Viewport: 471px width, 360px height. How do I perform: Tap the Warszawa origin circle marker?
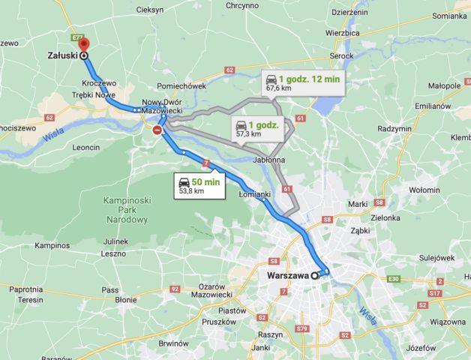click(315, 276)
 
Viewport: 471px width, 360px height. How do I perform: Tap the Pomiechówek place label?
click(180, 86)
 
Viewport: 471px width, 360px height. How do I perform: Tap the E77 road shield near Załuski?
click(77, 36)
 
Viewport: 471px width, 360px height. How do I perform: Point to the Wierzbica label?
click(343, 33)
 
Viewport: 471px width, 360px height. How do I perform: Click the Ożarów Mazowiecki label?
click(203, 291)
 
